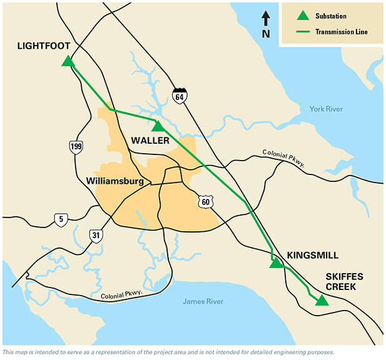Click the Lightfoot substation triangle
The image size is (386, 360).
[x=68, y=61]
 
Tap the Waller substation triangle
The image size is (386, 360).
[x=157, y=126]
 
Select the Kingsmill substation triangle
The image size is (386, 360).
[x=275, y=263]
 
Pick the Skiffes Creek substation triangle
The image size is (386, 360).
[x=321, y=301]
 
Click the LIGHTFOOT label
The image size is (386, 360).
[x=44, y=46]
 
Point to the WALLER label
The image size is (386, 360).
[x=150, y=141]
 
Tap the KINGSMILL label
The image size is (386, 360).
[x=312, y=255]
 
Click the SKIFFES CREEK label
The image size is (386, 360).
[x=340, y=281]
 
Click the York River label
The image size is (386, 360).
[x=326, y=109]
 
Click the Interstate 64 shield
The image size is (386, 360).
[x=180, y=96]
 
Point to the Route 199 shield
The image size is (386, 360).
[x=76, y=147]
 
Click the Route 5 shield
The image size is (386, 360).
[x=60, y=220]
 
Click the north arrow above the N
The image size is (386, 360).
[x=265, y=18]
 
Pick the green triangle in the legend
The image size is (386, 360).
[x=303, y=15]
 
